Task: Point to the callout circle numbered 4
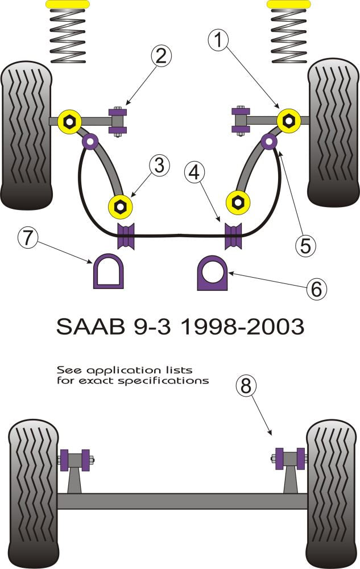point(196,172)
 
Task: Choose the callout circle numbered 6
point(316,289)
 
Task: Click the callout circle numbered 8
point(246,387)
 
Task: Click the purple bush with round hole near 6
point(212,273)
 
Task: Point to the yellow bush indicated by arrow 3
point(120,206)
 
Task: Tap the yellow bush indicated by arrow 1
point(288,121)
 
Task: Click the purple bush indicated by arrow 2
point(120,119)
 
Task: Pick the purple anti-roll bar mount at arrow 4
point(233,236)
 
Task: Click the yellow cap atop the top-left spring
point(67,4)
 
